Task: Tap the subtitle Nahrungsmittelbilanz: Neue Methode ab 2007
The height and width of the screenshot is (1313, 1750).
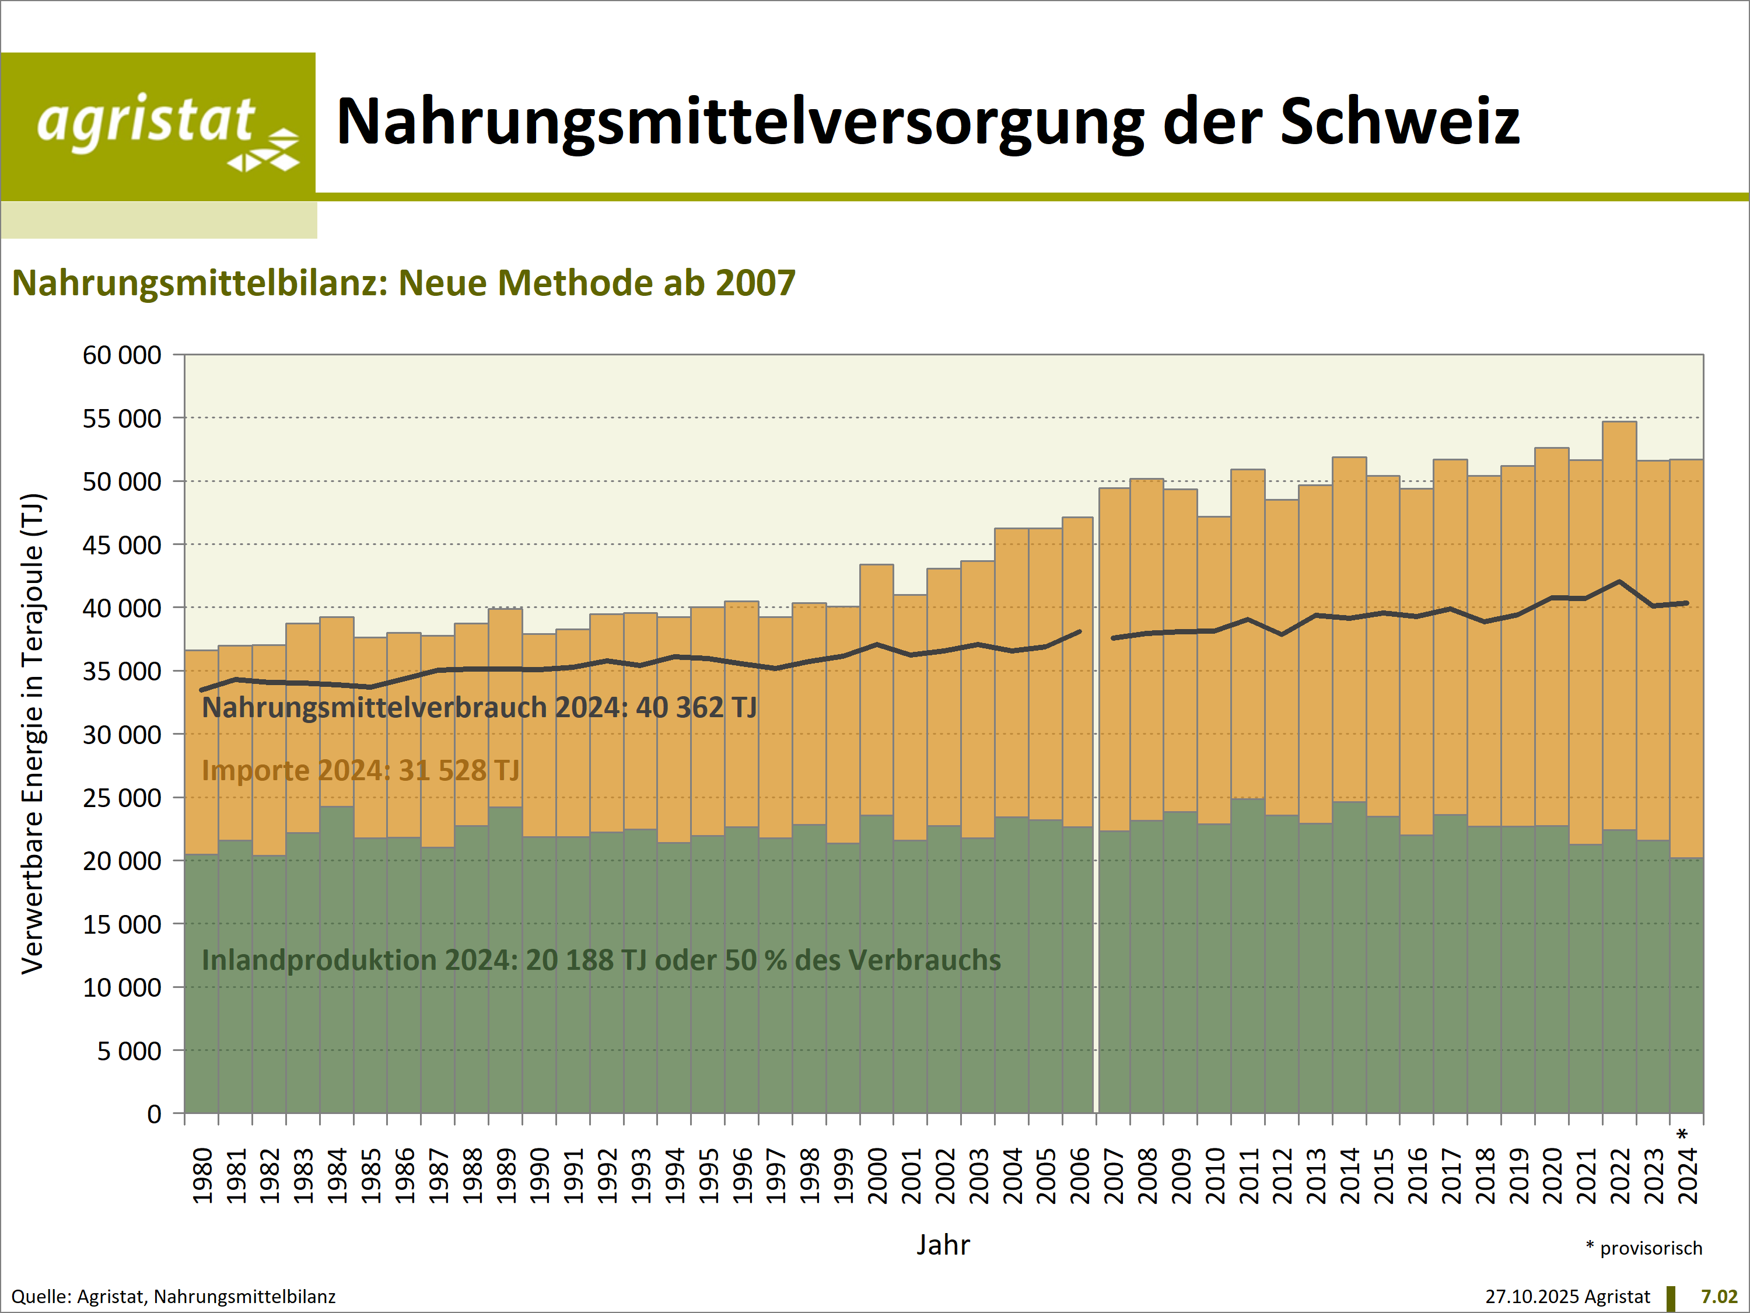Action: (x=404, y=284)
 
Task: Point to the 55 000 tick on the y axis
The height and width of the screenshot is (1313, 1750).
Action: (x=122, y=418)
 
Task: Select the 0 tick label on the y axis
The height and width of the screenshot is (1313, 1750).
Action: (x=153, y=1115)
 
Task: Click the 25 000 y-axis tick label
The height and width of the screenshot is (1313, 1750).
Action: (x=122, y=798)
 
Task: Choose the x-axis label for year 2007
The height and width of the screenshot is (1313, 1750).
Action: (x=1114, y=1176)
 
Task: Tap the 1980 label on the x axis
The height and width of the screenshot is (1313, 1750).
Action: (x=202, y=1176)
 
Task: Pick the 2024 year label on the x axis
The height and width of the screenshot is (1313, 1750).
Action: (x=1688, y=1176)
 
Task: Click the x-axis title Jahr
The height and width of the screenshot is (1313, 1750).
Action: (x=943, y=1245)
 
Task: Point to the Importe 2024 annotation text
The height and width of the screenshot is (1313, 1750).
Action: (x=360, y=770)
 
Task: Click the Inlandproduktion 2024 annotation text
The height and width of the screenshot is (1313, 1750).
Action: (x=601, y=960)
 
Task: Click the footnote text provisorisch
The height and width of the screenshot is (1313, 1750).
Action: (x=1650, y=1248)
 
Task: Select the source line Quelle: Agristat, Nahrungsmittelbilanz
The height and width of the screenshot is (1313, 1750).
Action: (x=173, y=1297)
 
